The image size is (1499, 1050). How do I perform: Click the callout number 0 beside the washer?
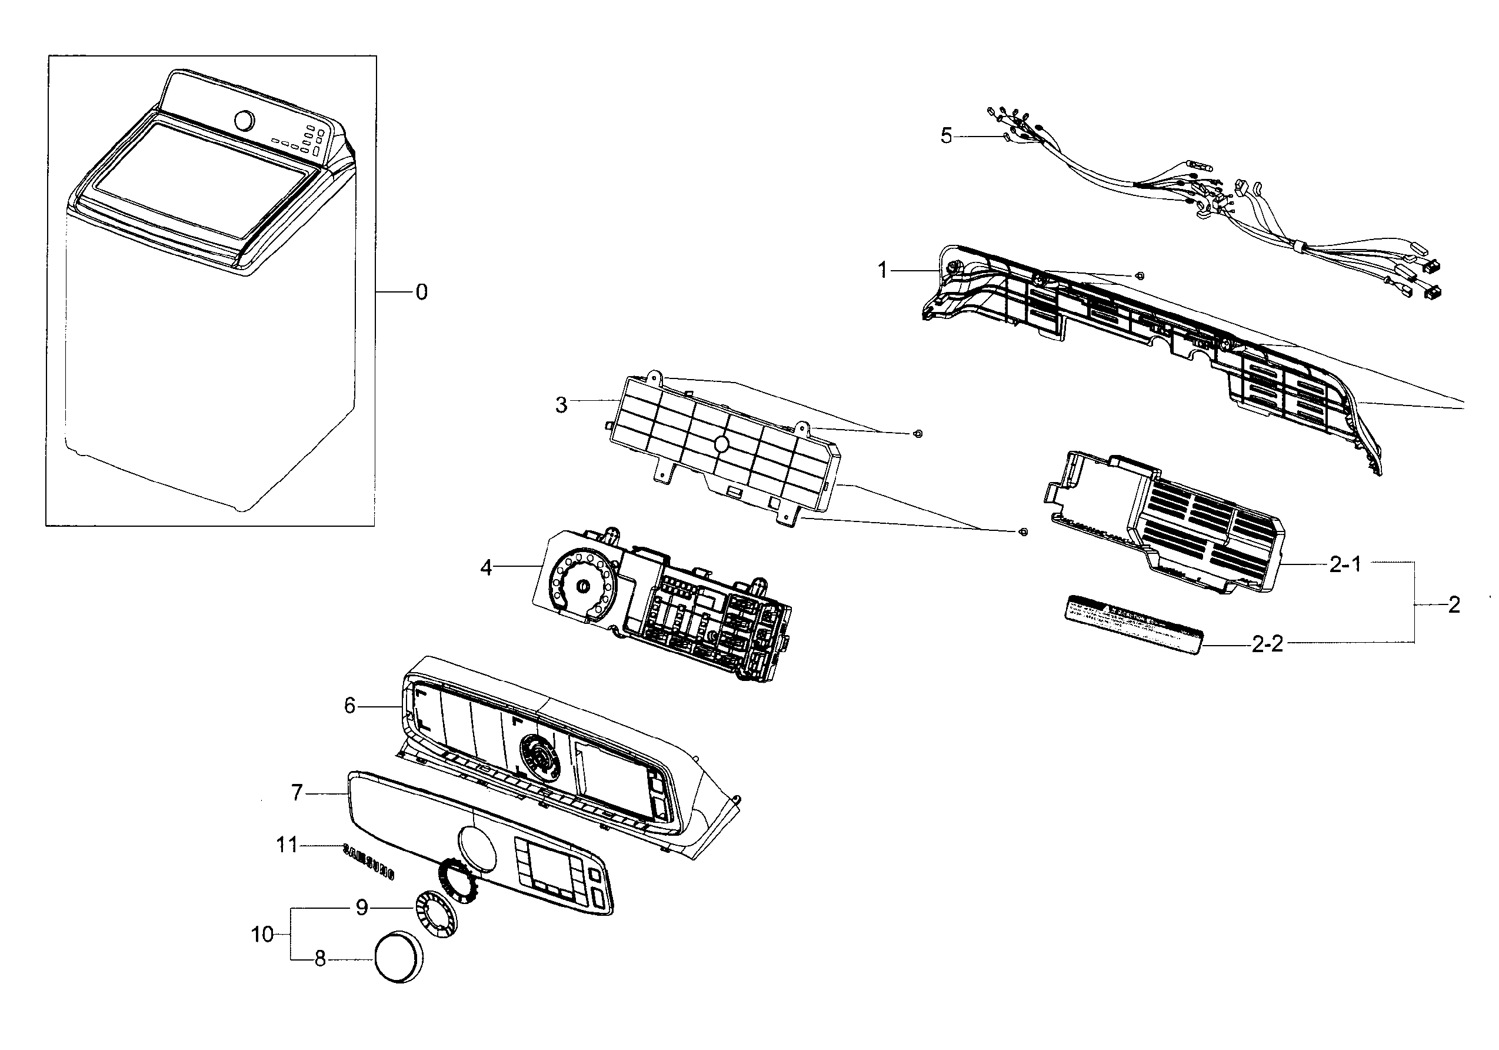coord(422,292)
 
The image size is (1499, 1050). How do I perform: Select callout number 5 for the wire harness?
coord(946,137)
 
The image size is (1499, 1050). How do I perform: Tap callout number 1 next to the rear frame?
coord(882,270)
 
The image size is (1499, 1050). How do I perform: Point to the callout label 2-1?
coord(1345,564)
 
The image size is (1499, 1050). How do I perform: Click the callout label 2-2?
coord(1267,644)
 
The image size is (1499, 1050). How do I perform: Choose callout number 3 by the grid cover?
coord(561,405)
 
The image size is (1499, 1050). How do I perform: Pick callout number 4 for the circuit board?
coord(486,567)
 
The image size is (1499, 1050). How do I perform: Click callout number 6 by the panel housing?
coord(350,705)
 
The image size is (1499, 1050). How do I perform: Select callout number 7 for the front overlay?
coord(297,793)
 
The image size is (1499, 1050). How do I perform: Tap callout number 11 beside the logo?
coord(287,845)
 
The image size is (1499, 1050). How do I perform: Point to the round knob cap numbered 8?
coord(398,956)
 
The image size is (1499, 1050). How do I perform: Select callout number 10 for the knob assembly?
coord(262,935)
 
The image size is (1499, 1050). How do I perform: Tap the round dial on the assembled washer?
coord(244,121)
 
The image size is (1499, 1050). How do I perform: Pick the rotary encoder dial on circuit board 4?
coord(579,586)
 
